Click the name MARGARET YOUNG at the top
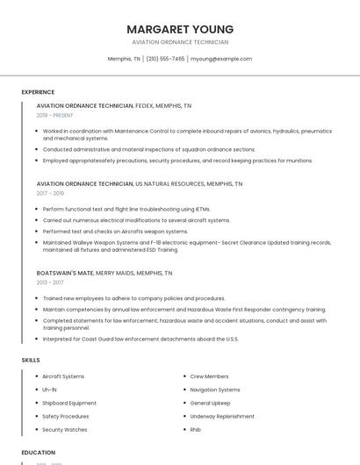coord(180,29)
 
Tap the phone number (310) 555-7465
coord(165,59)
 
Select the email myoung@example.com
coord(221,59)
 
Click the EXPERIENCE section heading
coord(38,92)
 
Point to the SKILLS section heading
coord(31,360)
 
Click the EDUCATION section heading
coord(39,453)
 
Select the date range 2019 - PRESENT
coord(54,115)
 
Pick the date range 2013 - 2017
coord(50,283)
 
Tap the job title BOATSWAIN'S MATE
coord(65,273)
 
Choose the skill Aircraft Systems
coord(63,376)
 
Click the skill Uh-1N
coord(49,390)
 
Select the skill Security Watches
coord(64,430)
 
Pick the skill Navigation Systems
coord(215,390)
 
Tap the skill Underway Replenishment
coord(221,417)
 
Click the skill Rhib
coord(196,430)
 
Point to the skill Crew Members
coord(209,376)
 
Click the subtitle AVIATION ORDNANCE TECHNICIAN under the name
coord(180,42)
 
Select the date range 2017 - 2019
coord(50,193)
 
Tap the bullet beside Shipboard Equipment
coord(34,404)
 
